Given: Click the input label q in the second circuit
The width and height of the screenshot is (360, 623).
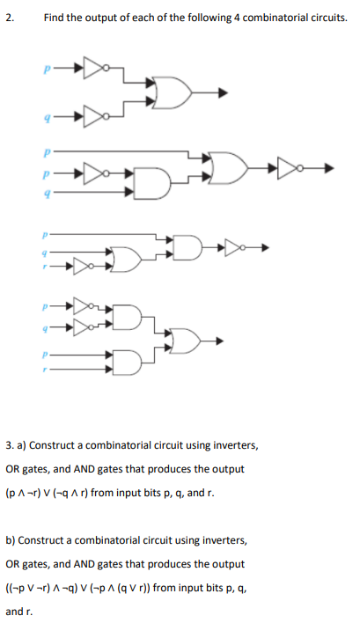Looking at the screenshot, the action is coord(48,193).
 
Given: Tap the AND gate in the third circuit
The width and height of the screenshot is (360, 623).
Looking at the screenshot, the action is coord(187,248).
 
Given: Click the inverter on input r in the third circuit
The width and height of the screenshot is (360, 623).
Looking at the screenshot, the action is coord(83,266).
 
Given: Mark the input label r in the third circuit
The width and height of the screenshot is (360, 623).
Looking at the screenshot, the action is coord(45,267).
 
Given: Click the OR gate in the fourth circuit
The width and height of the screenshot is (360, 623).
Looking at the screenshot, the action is coord(186,341).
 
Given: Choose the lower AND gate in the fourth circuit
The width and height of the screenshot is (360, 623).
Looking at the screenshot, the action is coord(127,362).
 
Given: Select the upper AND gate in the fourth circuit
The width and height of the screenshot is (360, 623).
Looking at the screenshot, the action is coord(127,317).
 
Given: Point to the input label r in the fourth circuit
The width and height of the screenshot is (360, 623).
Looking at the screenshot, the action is coord(45,370).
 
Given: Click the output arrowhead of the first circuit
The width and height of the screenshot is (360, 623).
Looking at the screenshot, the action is coord(224,93).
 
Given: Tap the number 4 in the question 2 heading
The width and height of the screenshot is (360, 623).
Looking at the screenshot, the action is coord(236,18).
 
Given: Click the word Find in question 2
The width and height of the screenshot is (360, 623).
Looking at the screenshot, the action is coord(55,18).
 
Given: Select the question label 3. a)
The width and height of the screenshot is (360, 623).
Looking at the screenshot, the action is coord(16,445).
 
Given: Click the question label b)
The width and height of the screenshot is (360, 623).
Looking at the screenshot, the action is coord(11,540).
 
